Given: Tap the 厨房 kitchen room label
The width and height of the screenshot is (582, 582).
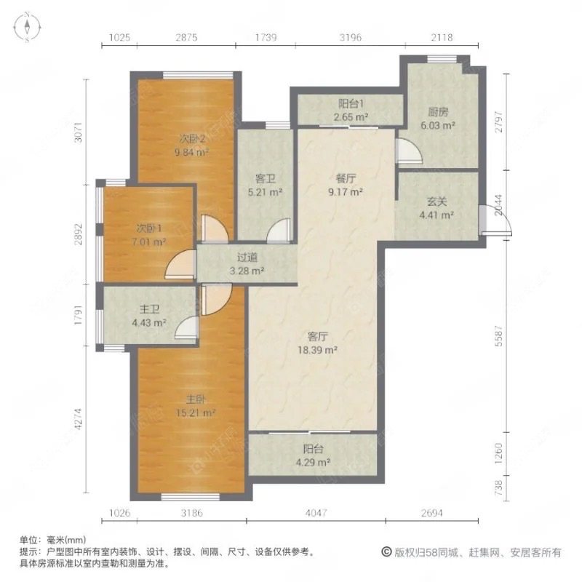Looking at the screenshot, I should coord(436,119).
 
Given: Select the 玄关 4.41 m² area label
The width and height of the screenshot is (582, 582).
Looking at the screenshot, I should coord(436,209).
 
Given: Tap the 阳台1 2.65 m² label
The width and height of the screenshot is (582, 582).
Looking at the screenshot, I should coord(350,110).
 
